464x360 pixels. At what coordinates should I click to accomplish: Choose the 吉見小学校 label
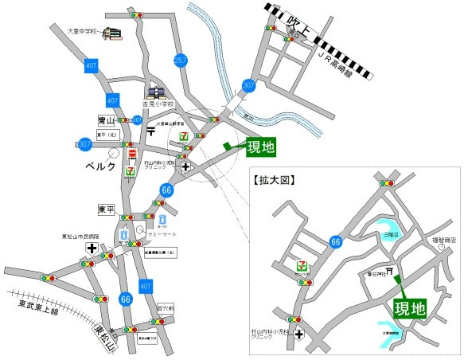(x=158, y=104)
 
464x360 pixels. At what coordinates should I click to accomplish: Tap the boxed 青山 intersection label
(x=104, y=119)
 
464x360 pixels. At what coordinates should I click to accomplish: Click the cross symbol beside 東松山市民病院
(x=92, y=248)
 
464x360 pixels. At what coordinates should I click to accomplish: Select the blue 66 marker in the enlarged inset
(x=337, y=241)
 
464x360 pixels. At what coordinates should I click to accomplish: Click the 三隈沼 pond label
(x=388, y=236)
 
